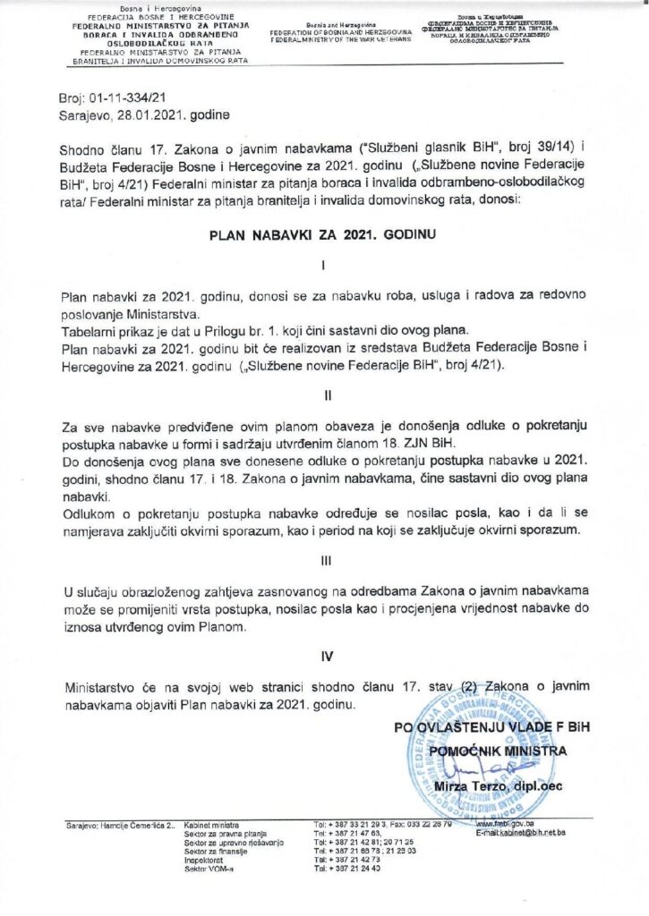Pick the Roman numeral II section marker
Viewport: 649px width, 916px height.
(325, 393)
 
